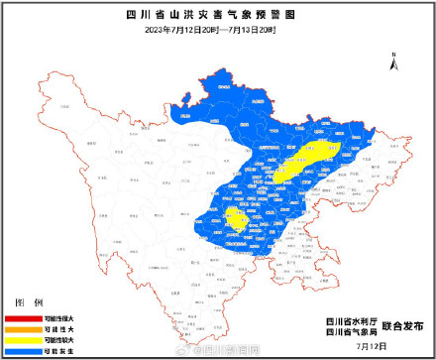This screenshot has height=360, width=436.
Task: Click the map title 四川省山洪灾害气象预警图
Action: tap(217, 14)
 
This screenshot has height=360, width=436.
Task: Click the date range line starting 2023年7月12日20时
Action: tap(217, 30)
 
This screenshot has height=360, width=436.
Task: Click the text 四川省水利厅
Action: tap(349, 319)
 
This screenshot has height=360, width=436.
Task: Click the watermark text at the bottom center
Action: tap(224, 351)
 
